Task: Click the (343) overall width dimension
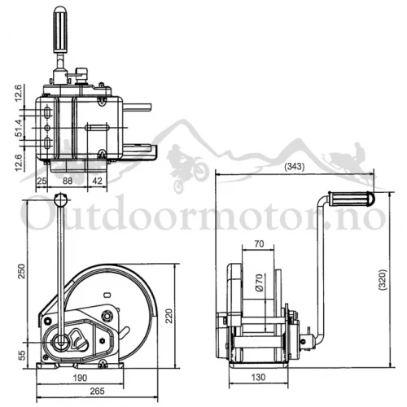(x=295, y=166)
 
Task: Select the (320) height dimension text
(x=383, y=280)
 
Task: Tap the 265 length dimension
(x=97, y=391)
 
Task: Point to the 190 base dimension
(x=80, y=378)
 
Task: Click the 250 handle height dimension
(x=21, y=271)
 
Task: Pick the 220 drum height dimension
(x=168, y=316)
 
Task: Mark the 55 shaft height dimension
(x=23, y=355)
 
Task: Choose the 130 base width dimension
(x=258, y=377)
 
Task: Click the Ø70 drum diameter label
(x=260, y=282)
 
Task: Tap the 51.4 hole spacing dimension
(x=19, y=128)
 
